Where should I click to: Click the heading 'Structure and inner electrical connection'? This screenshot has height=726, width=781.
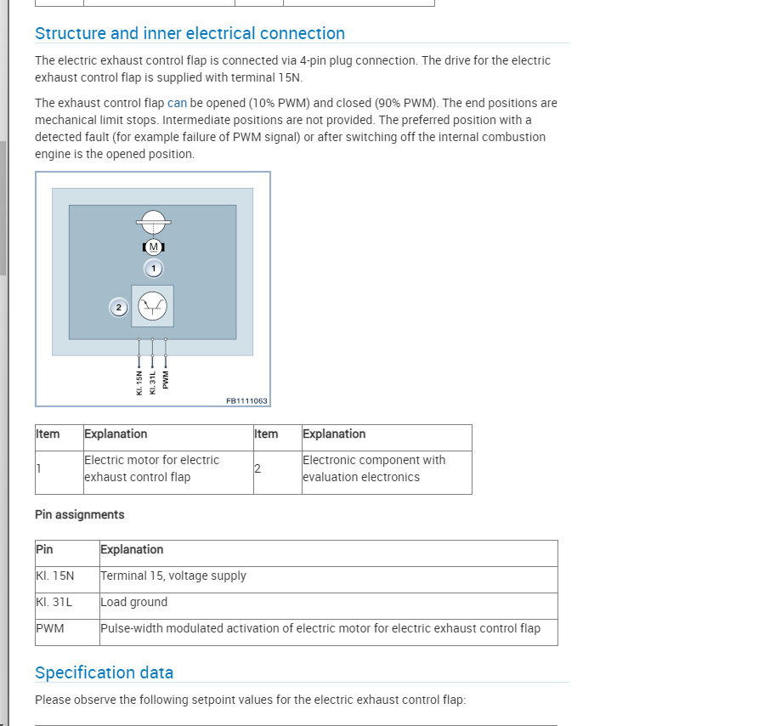click(190, 33)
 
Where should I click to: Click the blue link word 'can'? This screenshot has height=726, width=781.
click(177, 103)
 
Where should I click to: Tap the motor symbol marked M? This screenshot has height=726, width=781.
click(154, 247)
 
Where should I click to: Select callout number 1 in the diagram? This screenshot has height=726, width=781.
click(154, 268)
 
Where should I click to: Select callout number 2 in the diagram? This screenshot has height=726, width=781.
click(119, 307)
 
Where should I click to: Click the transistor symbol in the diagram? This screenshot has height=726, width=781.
click(153, 306)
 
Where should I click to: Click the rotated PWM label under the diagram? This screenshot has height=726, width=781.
click(166, 379)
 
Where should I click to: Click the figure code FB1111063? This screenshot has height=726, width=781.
click(246, 400)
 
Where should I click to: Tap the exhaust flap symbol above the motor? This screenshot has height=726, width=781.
click(154, 222)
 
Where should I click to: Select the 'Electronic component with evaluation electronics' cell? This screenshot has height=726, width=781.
click(374, 468)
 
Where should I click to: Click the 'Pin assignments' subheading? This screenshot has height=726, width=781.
click(79, 514)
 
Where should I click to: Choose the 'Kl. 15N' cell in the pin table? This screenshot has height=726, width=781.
click(55, 576)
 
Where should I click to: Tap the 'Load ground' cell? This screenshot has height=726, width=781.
click(134, 602)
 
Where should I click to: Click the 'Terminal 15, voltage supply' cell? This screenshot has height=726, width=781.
click(173, 576)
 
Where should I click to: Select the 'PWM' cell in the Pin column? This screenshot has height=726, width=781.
click(50, 628)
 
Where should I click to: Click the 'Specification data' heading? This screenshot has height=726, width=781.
click(104, 672)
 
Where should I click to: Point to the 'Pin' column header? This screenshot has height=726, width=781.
click(44, 549)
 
